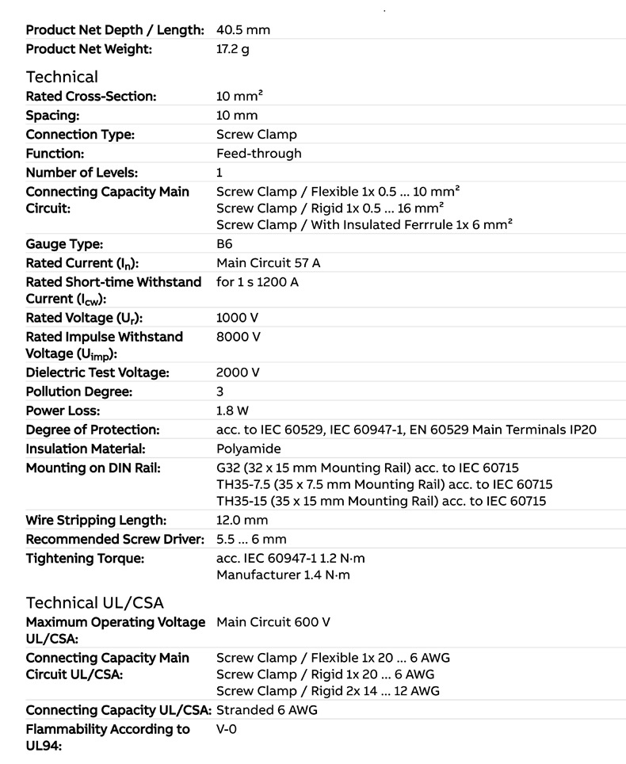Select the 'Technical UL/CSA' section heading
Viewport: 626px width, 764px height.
click(94, 602)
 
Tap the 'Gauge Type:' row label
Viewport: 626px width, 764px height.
click(64, 244)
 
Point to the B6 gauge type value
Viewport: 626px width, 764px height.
click(224, 244)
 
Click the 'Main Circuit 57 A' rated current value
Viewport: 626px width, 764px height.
click(268, 263)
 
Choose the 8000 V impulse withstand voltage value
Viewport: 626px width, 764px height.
click(238, 337)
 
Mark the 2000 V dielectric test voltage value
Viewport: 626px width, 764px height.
click(238, 372)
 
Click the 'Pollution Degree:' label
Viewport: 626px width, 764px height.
click(78, 392)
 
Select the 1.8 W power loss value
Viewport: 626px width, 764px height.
click(232, 411)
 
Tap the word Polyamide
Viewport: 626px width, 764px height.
click(248, 449)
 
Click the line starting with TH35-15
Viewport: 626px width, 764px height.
click(381, 501)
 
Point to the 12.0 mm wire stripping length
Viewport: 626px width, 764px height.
click(242, 520)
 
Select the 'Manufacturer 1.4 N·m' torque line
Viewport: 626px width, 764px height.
click(283, 575)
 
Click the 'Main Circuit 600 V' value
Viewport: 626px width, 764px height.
click(273, 622)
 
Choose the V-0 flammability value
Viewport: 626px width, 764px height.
click(226, 728)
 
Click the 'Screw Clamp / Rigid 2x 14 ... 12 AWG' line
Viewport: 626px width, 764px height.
click(327, 691)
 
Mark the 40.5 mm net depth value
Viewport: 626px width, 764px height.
click(242, 30)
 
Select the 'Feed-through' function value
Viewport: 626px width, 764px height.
click(258, 153)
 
